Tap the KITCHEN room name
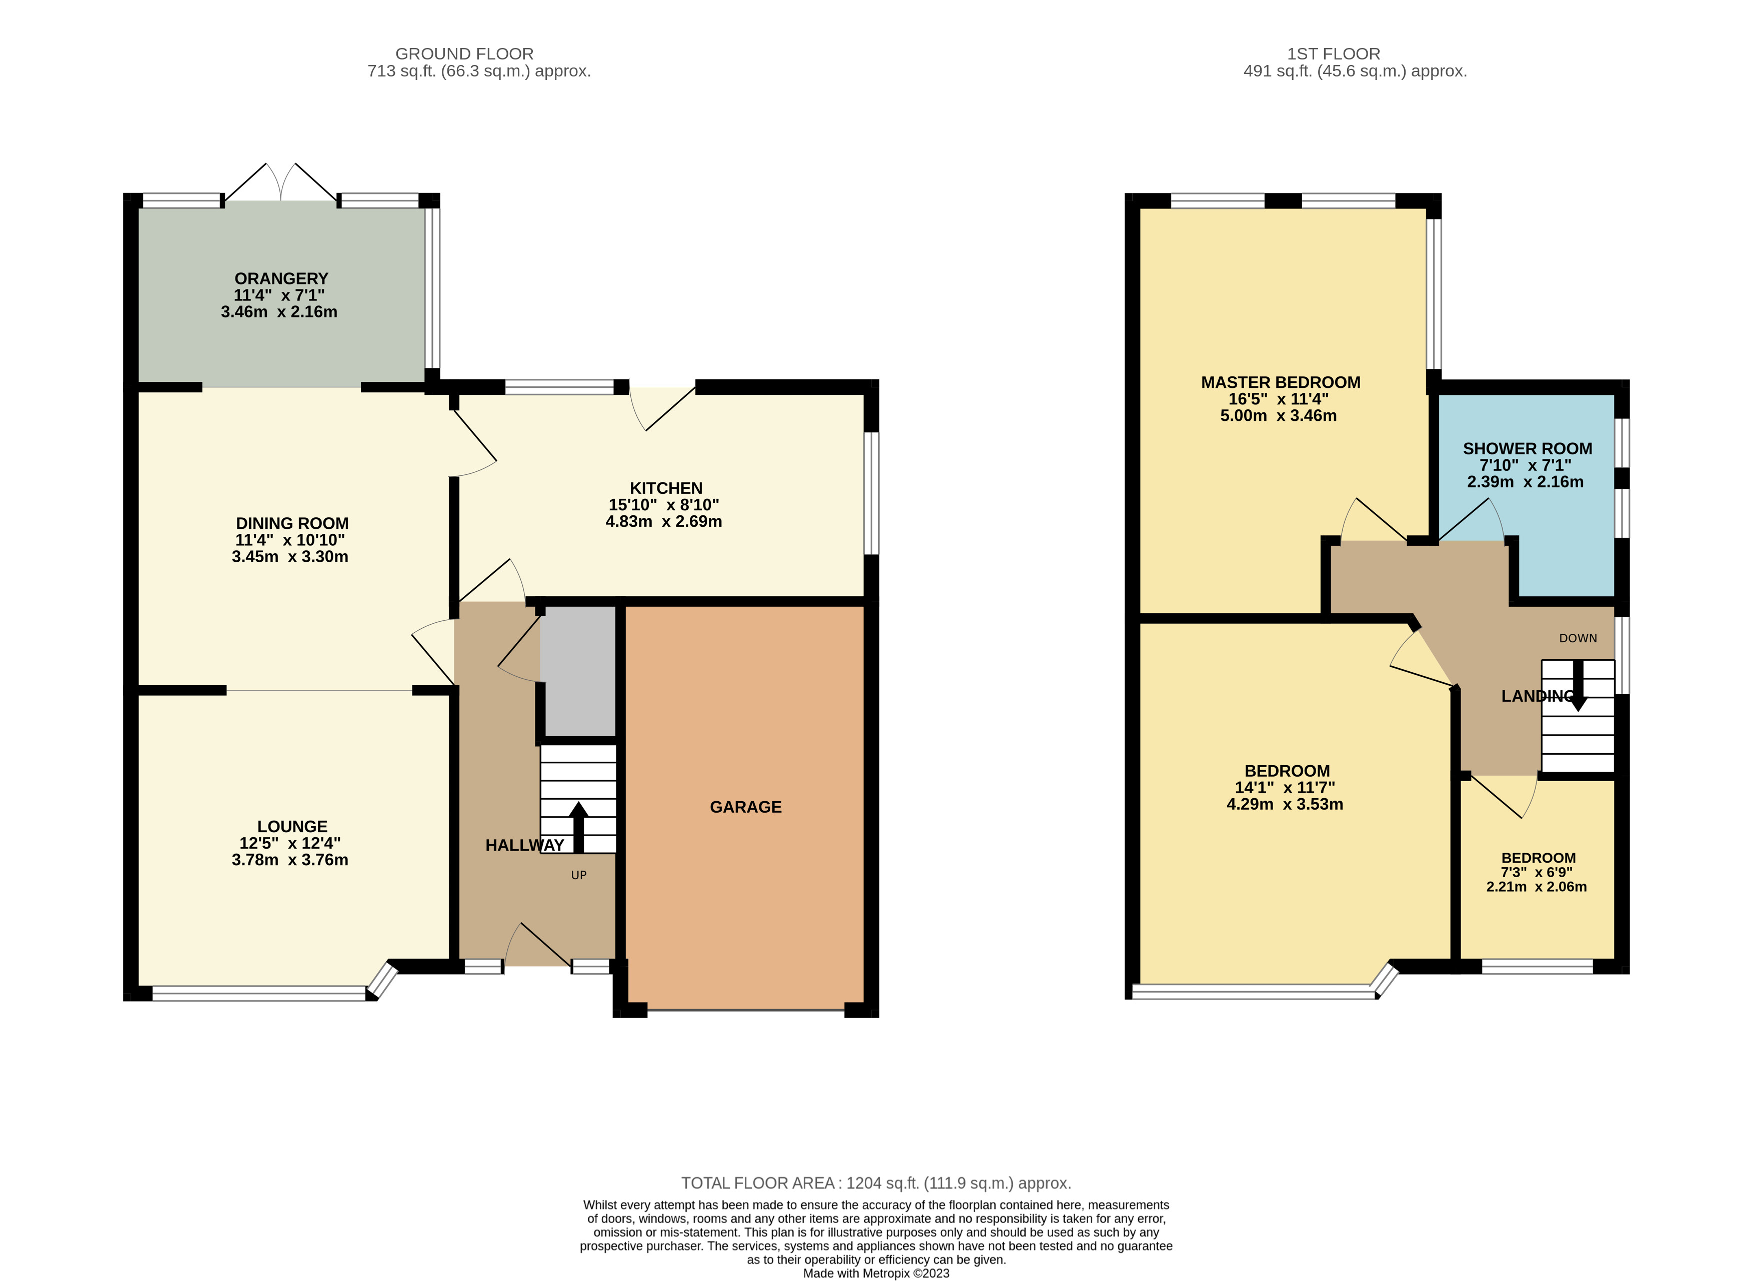click(666, 488)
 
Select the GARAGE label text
click(746, 807)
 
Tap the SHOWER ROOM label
click(1528, 448)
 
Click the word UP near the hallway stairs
click(578, 875)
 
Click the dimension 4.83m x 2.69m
click(664, 521)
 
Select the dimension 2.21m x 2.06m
click(1537, 886)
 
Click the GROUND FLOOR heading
click(464, 53)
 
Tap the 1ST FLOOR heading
click(1334, 53)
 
